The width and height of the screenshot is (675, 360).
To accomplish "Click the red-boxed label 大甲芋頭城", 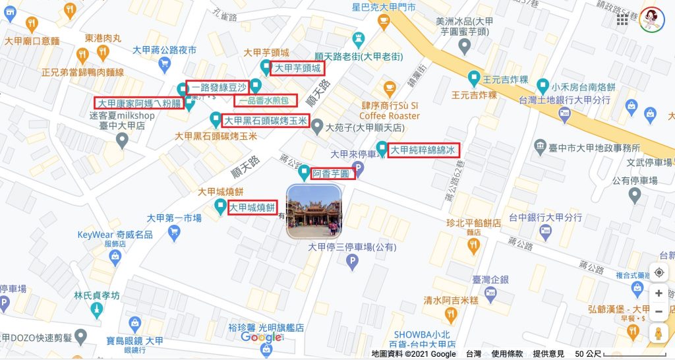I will tap(297, 68).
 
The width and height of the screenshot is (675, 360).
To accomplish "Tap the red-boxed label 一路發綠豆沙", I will tap(218, 87).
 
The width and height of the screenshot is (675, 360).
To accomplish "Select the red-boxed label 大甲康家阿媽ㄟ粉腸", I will tap(138, 104).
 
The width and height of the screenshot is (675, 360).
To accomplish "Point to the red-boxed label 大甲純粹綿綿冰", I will tap(425, 150).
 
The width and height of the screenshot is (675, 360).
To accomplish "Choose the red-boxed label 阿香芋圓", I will tap(333, 173).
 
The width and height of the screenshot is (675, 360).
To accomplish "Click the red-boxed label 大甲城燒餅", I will tap(252, 208).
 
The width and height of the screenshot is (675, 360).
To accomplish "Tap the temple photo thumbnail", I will tap(314, 211).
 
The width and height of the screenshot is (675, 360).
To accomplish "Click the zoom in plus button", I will tap(659, 293).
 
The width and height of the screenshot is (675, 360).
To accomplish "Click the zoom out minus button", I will tap(659, 312).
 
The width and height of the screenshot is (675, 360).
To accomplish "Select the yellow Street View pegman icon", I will tap(659, 334).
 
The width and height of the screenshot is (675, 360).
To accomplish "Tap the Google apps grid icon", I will tap(622, 20).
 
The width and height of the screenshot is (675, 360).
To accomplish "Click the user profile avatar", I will tap(653, 20).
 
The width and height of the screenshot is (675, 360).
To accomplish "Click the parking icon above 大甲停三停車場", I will tap(352, 262).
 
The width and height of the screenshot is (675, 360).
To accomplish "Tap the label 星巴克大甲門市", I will tap(384, 7).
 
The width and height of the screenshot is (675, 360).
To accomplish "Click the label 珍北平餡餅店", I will tap(473, 223).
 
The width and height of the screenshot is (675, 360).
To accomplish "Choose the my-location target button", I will tap(659, 272).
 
